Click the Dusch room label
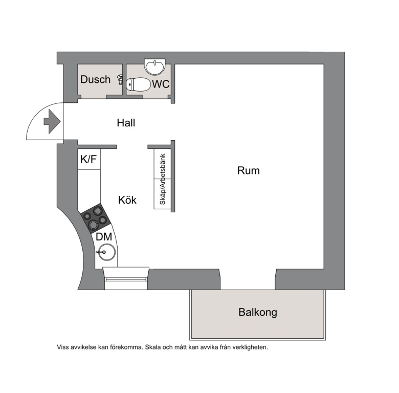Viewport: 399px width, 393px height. click(96, 79)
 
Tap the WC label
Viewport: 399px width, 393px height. click(161, 84)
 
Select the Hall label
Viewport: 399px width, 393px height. click(126, 123)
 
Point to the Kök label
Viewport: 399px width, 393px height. click(127, 200)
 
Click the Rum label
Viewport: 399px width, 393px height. click(249, 170)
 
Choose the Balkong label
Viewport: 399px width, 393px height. click(258, 312)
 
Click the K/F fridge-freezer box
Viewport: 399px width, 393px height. click(89, 159)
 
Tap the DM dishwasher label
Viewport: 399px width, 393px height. click(104, 237)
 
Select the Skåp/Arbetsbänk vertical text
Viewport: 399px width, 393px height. click(162, 179)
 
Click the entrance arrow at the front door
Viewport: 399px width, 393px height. click(52, 121)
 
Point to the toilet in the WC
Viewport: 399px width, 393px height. click(139, 84)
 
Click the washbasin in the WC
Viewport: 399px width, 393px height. click(155, 67)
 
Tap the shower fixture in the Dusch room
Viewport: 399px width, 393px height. click(120, 79)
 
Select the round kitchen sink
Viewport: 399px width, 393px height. click(107, 252)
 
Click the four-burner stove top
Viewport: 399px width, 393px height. click(96, 219)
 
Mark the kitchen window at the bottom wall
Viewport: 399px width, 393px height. click(126, 278)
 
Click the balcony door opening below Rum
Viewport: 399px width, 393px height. click(248, 279)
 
